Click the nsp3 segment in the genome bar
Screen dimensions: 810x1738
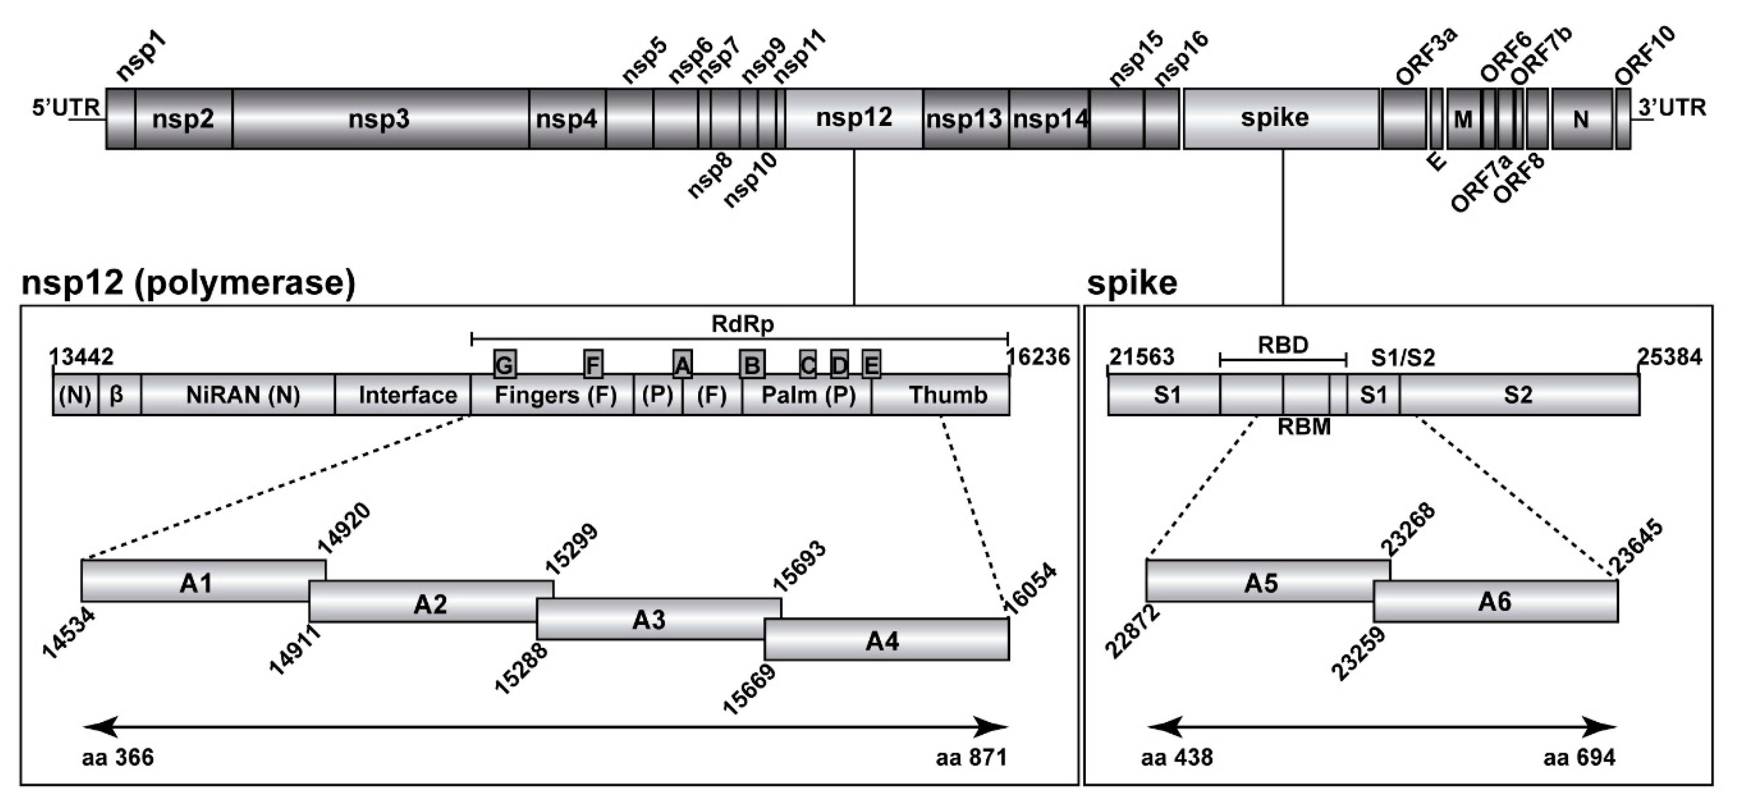tap(380, 119)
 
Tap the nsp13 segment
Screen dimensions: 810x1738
tap(965, 119)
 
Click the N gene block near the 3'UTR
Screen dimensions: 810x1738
tap(1581, 119)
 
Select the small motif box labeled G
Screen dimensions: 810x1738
tap(505, 365)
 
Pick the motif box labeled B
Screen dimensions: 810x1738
tap(752, 365)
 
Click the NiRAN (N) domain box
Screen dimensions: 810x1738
tap(242, 395)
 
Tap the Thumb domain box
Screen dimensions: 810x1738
tap(947, 395)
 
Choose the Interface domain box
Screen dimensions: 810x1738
tap(408, 395)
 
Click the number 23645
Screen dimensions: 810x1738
tap(1637, 547)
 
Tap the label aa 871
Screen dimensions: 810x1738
tap(971, 758)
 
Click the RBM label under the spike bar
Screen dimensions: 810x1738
tap(1304, 427)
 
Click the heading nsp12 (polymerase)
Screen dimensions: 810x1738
tap(188, 282)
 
